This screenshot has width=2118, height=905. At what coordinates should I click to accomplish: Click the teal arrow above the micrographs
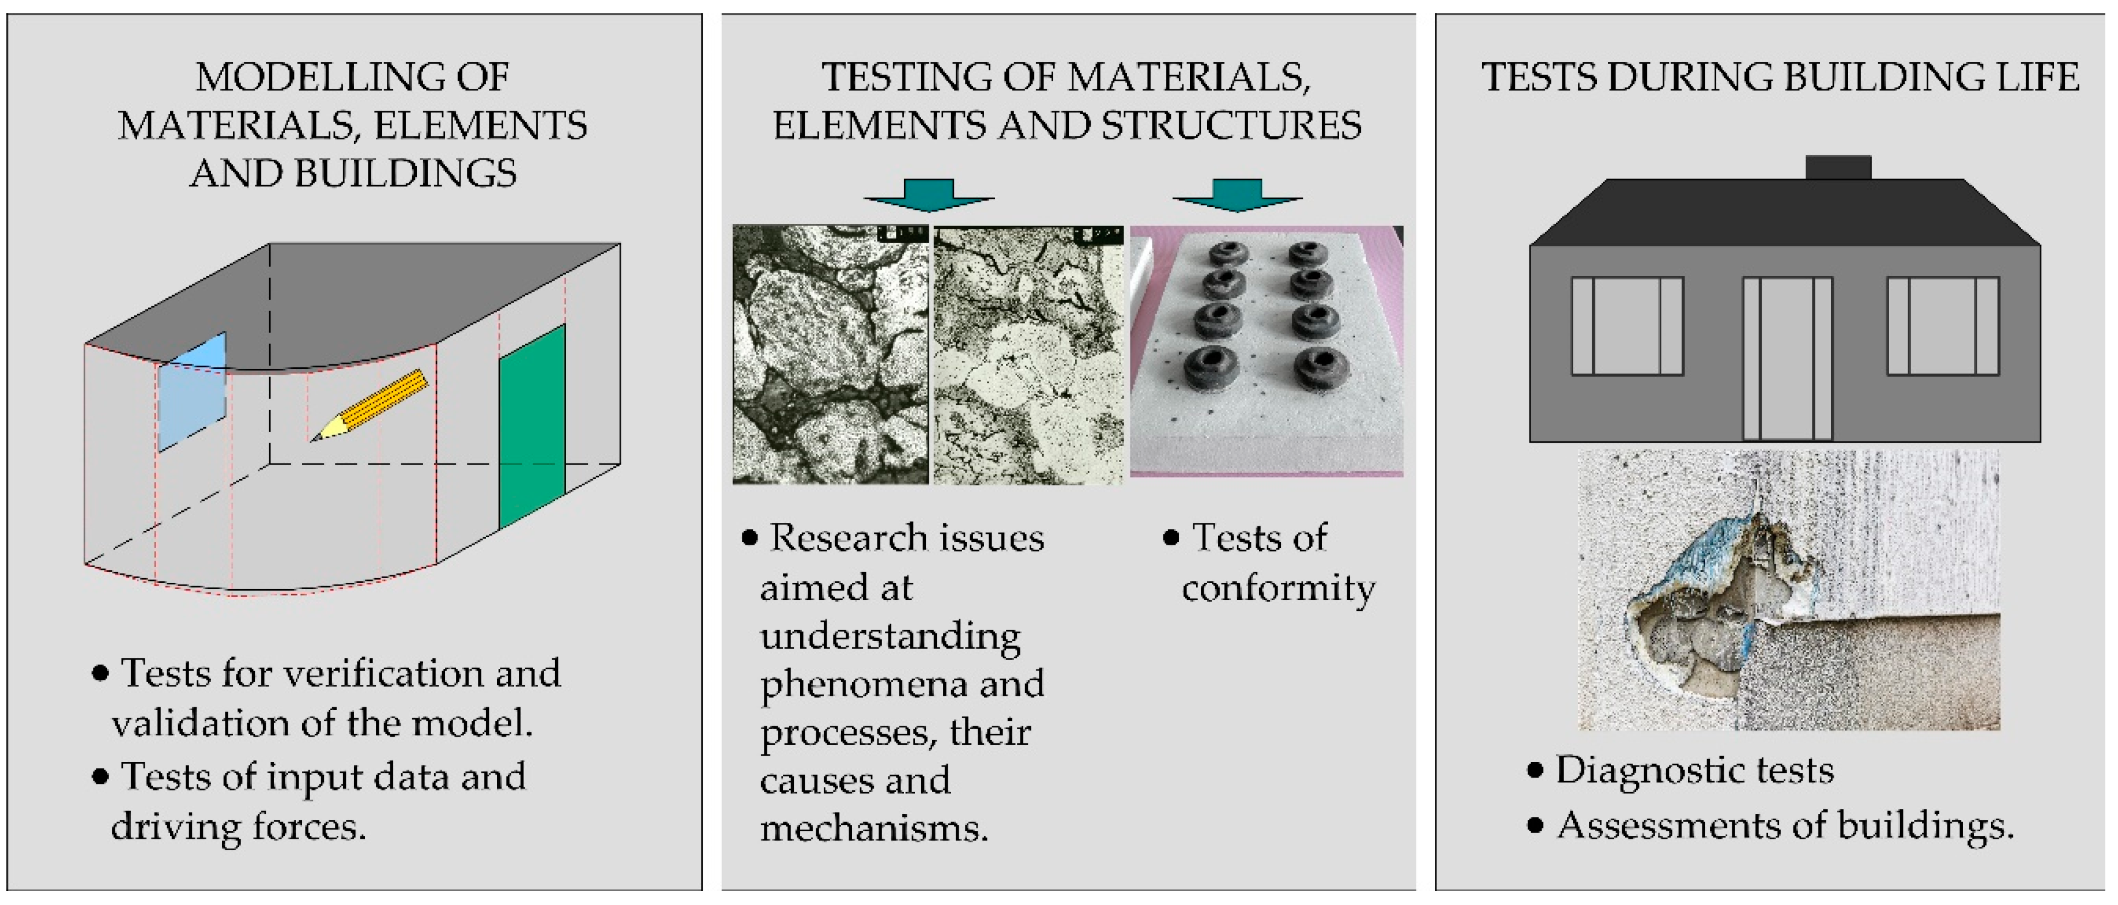(x=929, y=195)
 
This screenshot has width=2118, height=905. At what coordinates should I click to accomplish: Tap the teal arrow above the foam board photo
(x=1237, y=195)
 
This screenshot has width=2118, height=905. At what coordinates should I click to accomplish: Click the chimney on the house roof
(x=1838, y=167)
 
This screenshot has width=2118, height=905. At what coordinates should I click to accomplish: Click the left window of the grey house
(x=1627, y=326)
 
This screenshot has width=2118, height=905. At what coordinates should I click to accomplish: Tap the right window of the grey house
(x=1943, y=326)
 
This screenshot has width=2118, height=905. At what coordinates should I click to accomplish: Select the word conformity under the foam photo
(x=1277, y=589)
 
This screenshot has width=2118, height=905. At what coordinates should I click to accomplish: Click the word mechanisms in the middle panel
(x=873, y=828)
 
